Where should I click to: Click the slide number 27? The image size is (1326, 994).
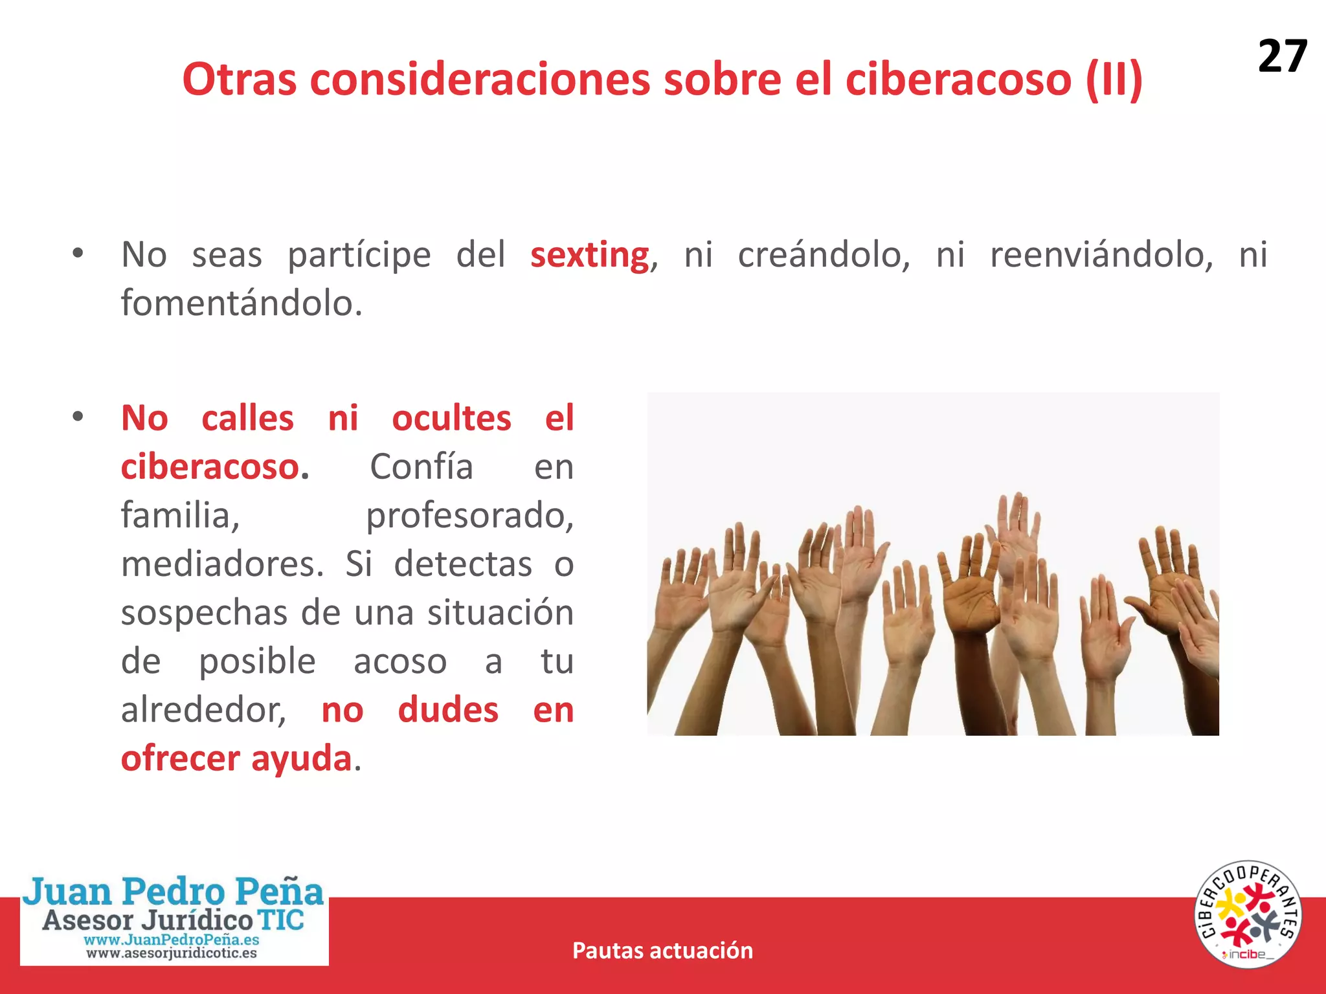coord(1281,56)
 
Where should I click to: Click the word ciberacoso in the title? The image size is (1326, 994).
coord(958,80)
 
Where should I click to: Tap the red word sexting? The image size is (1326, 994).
coord(589,255)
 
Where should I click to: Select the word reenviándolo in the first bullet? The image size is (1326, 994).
coord(1101,255)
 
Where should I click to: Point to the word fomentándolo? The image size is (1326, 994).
coord(241,304)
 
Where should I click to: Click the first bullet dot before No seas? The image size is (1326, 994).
coord(78,253)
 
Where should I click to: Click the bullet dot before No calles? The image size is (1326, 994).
coord(78,417)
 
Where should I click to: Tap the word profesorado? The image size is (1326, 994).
coord(469,516)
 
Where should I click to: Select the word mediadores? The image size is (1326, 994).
coord(222,564)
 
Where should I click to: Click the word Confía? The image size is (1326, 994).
coord(421,467)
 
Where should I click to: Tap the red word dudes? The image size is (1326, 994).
coord(448,711)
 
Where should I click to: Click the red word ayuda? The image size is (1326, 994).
coord(301,759)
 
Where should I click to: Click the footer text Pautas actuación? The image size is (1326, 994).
coord(662,951)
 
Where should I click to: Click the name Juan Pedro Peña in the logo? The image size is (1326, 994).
coord(173,891)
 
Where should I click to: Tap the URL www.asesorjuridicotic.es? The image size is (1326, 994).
coord(172,953)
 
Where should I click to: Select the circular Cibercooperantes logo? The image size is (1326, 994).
coord(1247,915)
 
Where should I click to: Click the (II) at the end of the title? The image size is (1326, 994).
coord(1114,80)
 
